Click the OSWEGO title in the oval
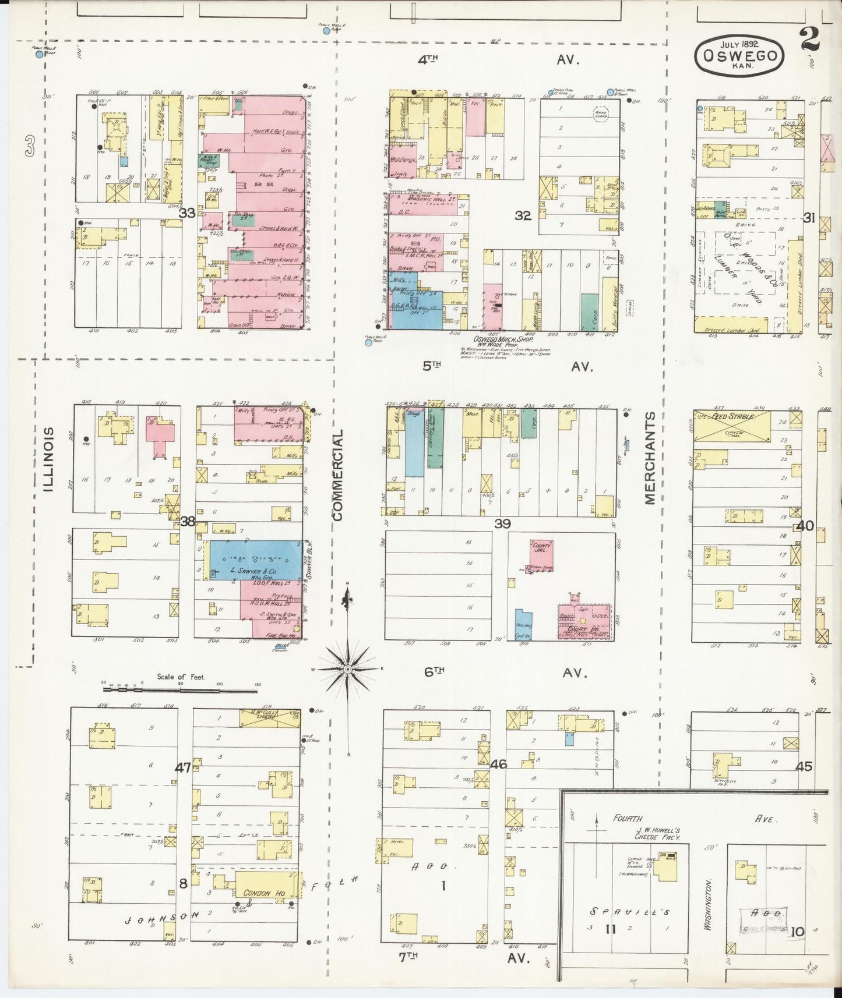point(739,56)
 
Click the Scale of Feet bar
point(180,690)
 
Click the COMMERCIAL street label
point(338,475)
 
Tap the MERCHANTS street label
point(650,458)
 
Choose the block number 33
point(187,213)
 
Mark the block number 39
point(502,523)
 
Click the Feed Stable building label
point(731,417)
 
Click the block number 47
point(182,767)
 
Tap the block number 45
point(804,766)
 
